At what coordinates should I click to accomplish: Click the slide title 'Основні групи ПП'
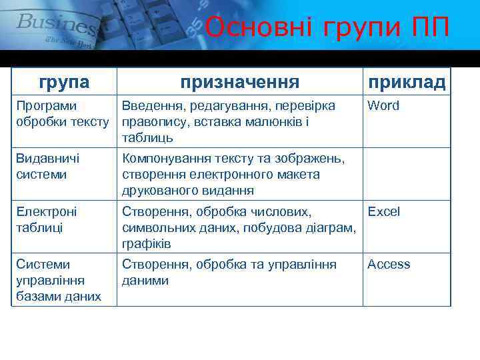tap(327, 28)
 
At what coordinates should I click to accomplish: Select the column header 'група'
tap(64, 82)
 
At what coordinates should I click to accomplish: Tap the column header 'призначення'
tap(240, 82)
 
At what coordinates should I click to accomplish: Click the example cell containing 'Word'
tap(383, 106)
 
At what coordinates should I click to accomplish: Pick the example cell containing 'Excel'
tap(383, 212)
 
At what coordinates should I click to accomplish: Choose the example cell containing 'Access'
tap(389, 265)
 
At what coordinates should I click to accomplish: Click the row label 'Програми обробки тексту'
tap(62, 114)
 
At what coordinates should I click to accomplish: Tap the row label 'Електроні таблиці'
tap(47, 219)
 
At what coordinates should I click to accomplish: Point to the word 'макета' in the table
tap(299, 175)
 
